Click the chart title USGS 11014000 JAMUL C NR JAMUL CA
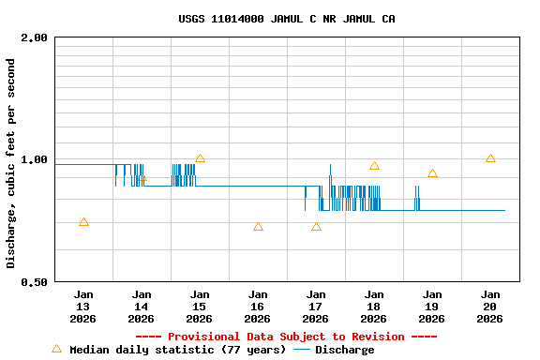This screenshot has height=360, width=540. (x=286, y=19)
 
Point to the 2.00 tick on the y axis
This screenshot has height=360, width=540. (x=35, y=37)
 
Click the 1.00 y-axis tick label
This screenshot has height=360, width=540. (x=35, y=159)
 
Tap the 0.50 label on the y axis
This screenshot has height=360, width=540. (x=35, y=281)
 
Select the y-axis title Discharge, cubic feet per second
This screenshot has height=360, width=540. (x=11, y=163)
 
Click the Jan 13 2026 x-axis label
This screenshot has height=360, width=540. (x=83, y=306)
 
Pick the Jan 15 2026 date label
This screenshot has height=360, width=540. (x=200, y=306)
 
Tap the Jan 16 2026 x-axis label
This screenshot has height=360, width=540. (x=258, y=306)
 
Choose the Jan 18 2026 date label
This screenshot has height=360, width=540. (x=374, y=306)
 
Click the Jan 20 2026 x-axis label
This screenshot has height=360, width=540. (x=490, y=306)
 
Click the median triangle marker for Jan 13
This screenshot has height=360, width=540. (x=83, y=222)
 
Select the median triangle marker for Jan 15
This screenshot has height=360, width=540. (x=200, y=158)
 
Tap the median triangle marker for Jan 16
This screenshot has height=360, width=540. (x=258, y=226)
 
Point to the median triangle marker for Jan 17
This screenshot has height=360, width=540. (x=316, y=226)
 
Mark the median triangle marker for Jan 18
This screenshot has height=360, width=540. (x=374, y=166)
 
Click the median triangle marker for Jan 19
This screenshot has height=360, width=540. (x=432, y=173)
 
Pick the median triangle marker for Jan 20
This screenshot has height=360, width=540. (x=490, y=158)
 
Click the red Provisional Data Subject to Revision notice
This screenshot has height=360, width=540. (x=286, y=337)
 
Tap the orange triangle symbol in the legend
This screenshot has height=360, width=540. (x=56, y=349)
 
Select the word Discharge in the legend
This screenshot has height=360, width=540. (x=344, y=350)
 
